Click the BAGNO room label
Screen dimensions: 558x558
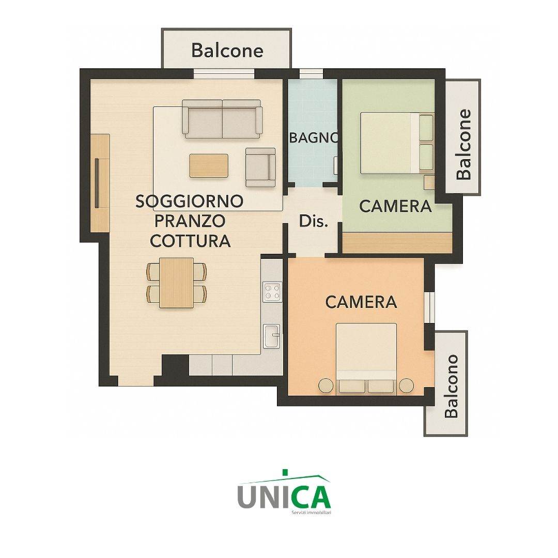[x=314, y=138]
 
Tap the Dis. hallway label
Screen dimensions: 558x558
[x=313, y=221]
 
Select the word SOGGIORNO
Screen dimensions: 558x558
[x=189, y=201]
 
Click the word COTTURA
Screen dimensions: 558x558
[x=190, y=241]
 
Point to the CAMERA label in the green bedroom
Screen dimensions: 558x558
[x=395, y=206]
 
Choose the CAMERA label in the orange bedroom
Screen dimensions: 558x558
[x=361, y=302]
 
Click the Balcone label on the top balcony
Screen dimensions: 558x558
[x=227, y=50]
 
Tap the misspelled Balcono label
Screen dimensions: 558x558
[x=451, y=386]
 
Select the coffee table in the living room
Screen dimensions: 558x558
[x=209, y=165]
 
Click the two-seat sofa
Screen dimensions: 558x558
[x=222, y=119]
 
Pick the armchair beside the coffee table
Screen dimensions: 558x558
[x=260, y=167]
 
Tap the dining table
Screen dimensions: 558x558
[x=177, y=283]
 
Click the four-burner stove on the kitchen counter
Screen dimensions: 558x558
[x=272, y=292]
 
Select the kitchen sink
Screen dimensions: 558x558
[x=272, y=336]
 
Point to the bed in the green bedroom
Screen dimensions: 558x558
[x=397, y=143]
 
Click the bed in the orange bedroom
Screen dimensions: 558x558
[x=366, y=359]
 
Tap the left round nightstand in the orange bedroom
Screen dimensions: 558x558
[x=326, y=385]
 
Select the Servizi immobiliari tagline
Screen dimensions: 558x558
[x=311, y=513]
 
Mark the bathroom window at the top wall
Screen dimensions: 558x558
[x=312, y=73]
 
